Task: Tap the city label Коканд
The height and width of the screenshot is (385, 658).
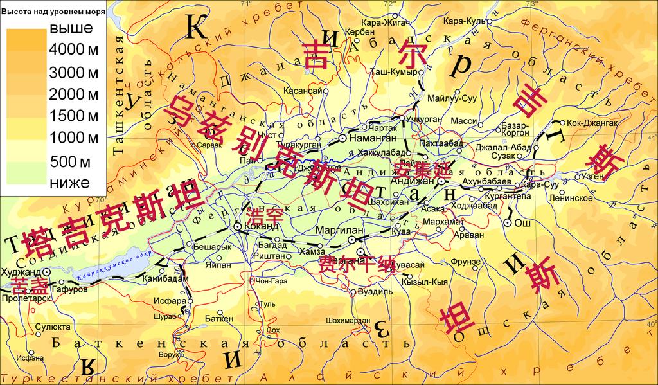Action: (x=263, y=226)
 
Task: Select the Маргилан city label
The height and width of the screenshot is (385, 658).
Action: (x=341, y=230)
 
